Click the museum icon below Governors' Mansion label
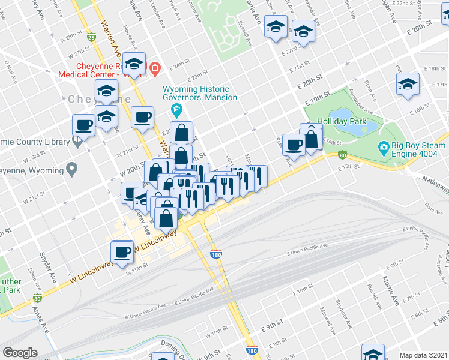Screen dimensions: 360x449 tap(176, 109)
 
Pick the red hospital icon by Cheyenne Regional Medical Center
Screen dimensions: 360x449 tap(154, 68)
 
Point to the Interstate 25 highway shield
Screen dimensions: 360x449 tap(91, 37)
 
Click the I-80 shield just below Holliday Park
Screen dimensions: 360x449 tap(342, 154)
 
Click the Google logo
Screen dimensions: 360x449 tap(20, 353)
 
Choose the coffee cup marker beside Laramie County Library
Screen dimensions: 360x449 tap(83, 125)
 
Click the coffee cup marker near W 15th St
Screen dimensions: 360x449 tap(122, 251)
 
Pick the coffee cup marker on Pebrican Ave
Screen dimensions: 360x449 tap(294, 144)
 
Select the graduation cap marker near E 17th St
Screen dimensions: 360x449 tap(408, 83)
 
